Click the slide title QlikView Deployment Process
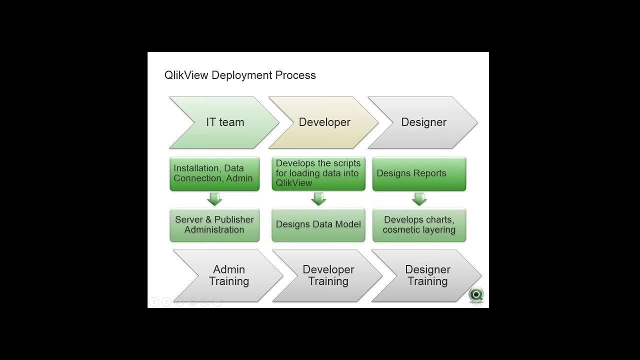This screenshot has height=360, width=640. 240,75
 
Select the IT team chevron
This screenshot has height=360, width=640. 224,122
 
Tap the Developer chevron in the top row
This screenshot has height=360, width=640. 324,122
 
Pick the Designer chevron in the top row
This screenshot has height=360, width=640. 423,122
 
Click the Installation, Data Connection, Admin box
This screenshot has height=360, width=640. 214,173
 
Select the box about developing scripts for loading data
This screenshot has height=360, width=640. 318,173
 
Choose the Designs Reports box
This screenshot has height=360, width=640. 419,173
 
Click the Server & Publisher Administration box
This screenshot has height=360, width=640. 214,224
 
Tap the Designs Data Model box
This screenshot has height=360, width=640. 318,224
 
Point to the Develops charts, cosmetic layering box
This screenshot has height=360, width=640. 419,224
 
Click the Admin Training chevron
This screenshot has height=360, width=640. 228,275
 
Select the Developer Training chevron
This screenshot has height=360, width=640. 328,275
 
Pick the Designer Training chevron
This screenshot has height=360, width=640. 427,275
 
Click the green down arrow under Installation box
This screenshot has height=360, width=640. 214,199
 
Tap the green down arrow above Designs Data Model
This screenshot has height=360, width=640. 318,199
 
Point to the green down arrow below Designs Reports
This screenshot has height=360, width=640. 419,199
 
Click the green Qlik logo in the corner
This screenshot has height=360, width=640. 476,294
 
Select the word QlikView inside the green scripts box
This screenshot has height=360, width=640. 294,183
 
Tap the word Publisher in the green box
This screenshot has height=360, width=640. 234,219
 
